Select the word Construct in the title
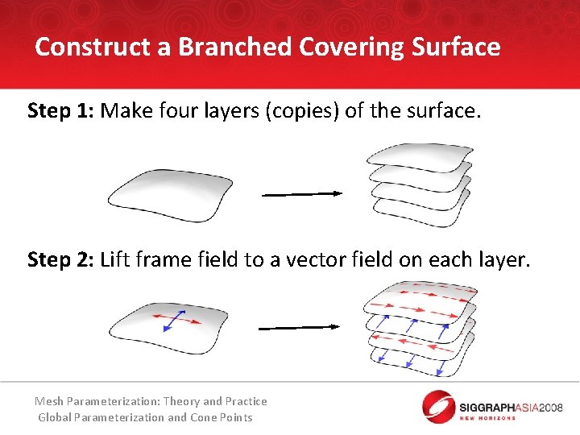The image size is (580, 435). (x=93, y=47)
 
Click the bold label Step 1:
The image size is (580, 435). (x=60, y=110)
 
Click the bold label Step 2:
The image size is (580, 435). (x=60, y=259)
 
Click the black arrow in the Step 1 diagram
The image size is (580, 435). (x=302, y=193)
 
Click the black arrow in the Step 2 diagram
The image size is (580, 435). (x=298, y=327)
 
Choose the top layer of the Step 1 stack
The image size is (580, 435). (x=419, y=156)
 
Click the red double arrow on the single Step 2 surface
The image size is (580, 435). (x=179, y=321)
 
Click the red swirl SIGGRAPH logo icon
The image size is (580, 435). (x=438, y=406)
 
